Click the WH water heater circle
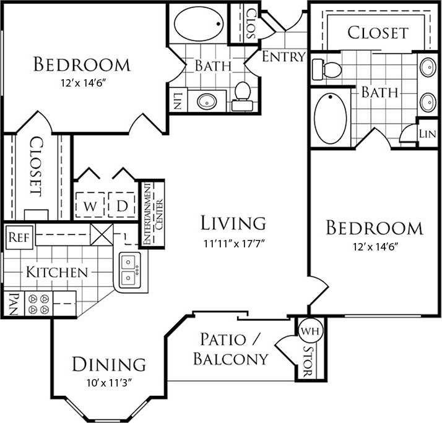click(307, 330)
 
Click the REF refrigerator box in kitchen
click(15, 236)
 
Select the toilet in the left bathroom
click(241, 95)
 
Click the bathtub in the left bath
click(198, 23)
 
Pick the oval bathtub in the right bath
click(331, 117)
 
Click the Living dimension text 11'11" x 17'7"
click(233, 242)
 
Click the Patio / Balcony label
click(230, 349)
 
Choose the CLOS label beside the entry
click(251, 23)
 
